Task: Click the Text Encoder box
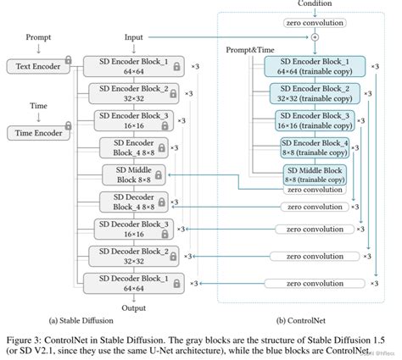pyautogui.click(x=35, y=66)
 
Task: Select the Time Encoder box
pyautogui.click(x=35, y=133)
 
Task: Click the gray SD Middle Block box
pyautogui.click(x=133, y=174)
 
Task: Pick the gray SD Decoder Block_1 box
pyautogui.click(x=137, y=282)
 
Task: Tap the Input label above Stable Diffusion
pyautogui.click(x=134, y=38)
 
